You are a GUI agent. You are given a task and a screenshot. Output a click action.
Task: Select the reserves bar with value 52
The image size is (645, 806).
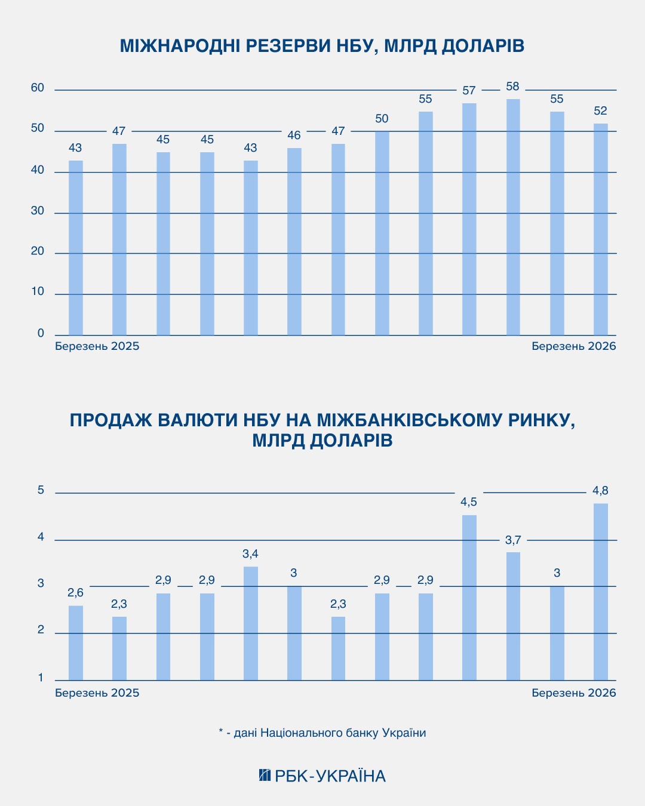coord(600,229)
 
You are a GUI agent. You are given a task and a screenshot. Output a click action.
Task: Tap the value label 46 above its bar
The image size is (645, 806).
coord(294,136)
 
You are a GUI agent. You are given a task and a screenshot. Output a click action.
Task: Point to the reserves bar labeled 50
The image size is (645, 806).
coord(382,233)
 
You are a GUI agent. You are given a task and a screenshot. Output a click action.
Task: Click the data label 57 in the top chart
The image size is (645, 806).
coord(469,91)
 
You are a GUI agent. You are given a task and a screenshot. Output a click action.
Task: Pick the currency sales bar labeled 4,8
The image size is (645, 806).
coord(600,592)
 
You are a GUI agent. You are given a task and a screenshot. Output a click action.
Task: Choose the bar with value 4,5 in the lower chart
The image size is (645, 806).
coord(469,598)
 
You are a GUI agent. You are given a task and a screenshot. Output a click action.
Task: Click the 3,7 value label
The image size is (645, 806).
coord(513,540)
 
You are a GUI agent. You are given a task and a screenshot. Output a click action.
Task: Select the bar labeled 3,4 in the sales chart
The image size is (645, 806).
coord(250,623)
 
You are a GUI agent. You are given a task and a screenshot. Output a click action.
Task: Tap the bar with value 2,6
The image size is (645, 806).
coord(76,643)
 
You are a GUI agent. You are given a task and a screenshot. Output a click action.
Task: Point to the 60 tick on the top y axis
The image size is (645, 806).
coord(38,88)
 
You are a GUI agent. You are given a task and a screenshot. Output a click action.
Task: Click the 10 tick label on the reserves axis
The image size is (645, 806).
coord(38,292)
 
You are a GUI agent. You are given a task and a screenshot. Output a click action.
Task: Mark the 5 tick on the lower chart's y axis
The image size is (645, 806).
coord(41,490)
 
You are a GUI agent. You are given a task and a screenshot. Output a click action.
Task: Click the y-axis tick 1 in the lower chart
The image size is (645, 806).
coord(41,678)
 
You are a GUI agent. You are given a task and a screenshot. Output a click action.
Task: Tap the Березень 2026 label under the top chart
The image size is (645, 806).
coord(573,346)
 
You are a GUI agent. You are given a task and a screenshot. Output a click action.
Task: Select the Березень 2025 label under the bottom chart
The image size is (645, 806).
coord(97,693)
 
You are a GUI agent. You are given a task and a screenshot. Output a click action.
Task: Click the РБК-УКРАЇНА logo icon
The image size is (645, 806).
coord(265,776)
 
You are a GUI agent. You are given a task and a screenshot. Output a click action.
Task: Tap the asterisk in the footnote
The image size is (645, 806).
coord(221,732)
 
